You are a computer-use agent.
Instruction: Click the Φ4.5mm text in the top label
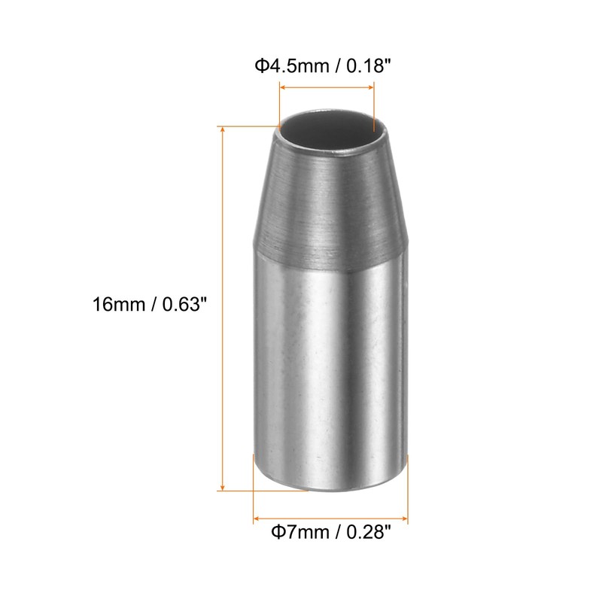292,66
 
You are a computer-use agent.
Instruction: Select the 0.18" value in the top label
369,65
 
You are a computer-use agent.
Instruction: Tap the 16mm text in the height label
119,305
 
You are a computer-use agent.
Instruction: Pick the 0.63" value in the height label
184,304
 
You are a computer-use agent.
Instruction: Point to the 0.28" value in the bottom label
369,532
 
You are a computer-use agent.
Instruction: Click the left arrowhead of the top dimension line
283,87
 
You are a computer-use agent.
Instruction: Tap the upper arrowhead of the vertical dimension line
222,129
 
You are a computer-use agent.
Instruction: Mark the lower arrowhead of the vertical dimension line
222,487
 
